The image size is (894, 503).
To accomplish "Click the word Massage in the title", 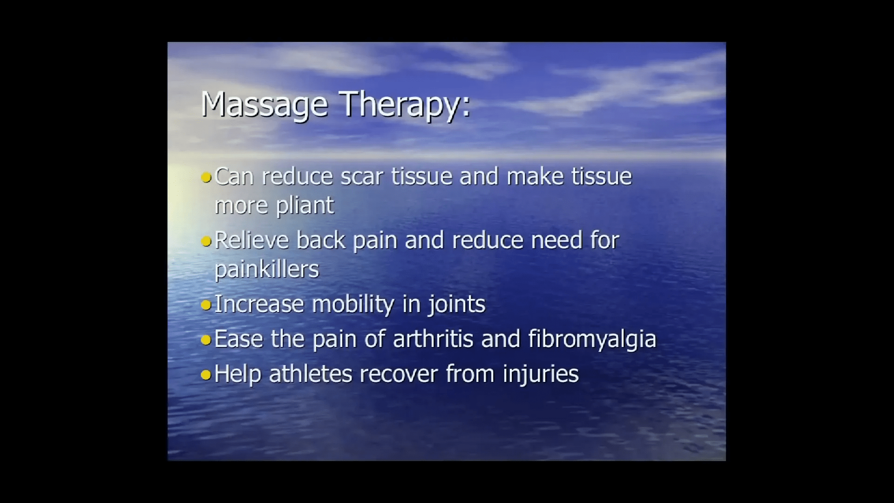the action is pyautogui.click(x=264, y=105).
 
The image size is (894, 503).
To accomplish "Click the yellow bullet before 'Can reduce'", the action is pyautogui.click(x=206, y=177).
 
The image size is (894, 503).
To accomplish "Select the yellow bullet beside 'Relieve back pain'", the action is pyautogui.click(x=206, y=241).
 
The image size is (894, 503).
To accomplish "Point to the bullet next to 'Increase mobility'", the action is pyautogui.click(x=206, y=305).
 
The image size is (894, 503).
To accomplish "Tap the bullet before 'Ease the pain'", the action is pyautogui.click(x=206, y=340).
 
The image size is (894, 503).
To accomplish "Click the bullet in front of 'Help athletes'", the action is pyautogui.click(x=206, y=375).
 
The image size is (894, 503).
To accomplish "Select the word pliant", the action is pyautogui.click(x=305, y=206).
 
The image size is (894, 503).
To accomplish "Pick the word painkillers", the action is pyautogui.click(x=267, y=270).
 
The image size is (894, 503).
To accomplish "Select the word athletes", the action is pyautogui.click(x=310, y=374).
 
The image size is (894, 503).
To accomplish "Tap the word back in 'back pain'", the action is pyautogui.click(x=321, y=240).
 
